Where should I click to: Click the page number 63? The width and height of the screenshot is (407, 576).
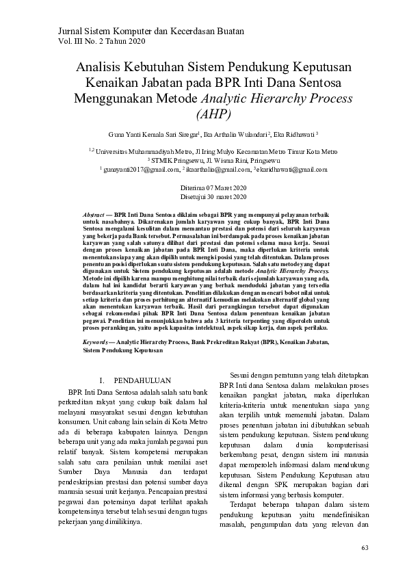point(364,548)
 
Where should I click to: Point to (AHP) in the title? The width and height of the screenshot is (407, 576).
point(213,114)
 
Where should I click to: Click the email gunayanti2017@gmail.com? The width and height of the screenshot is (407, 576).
point(136,168)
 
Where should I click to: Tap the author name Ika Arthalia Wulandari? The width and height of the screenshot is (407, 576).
point(234,135)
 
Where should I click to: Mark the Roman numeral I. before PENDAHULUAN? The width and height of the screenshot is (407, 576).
point(103,379)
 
